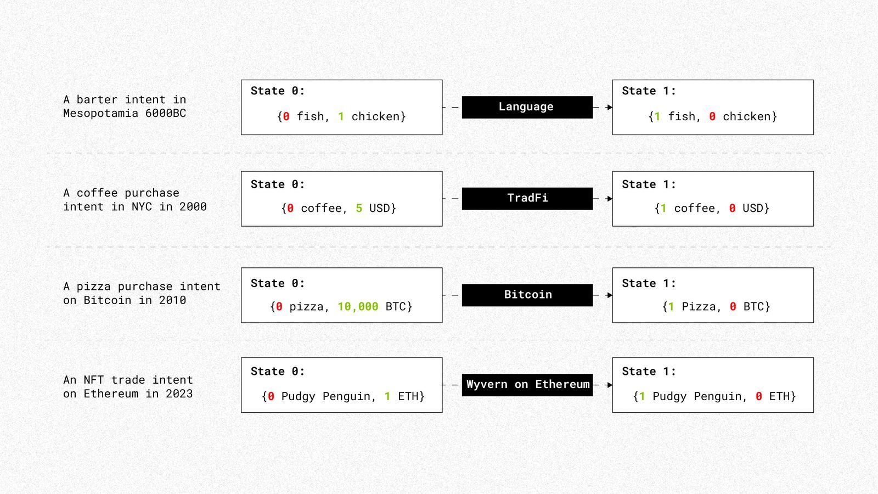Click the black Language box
click(x=527, y=107)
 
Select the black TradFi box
click(x=527, y=198)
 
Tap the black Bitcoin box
click(x=527, y=295)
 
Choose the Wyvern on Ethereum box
click(x=527, y=385)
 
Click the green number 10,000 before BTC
click(x=358, y=307)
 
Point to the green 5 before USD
click(x=359, y=208)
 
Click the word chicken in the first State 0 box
click(x=375, y=116)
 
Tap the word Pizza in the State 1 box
click(x=699, y=306)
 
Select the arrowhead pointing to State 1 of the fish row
click(x=610, y=107)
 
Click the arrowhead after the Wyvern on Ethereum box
click(x=610, y=385)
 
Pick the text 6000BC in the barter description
click(x=165, y=113)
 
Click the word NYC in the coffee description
click(x=142, y=206)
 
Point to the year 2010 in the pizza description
click(x=172, y=300)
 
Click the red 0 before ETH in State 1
click(x=758, y=396)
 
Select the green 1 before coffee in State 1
click(x=663, y=208)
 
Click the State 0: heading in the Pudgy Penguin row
click(x=278, y=371)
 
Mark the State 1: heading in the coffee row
click(x=649, y=184)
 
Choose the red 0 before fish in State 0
click(x=286, y=116)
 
